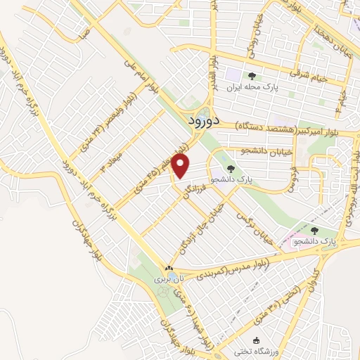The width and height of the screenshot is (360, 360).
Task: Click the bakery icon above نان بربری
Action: click(168, 269)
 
